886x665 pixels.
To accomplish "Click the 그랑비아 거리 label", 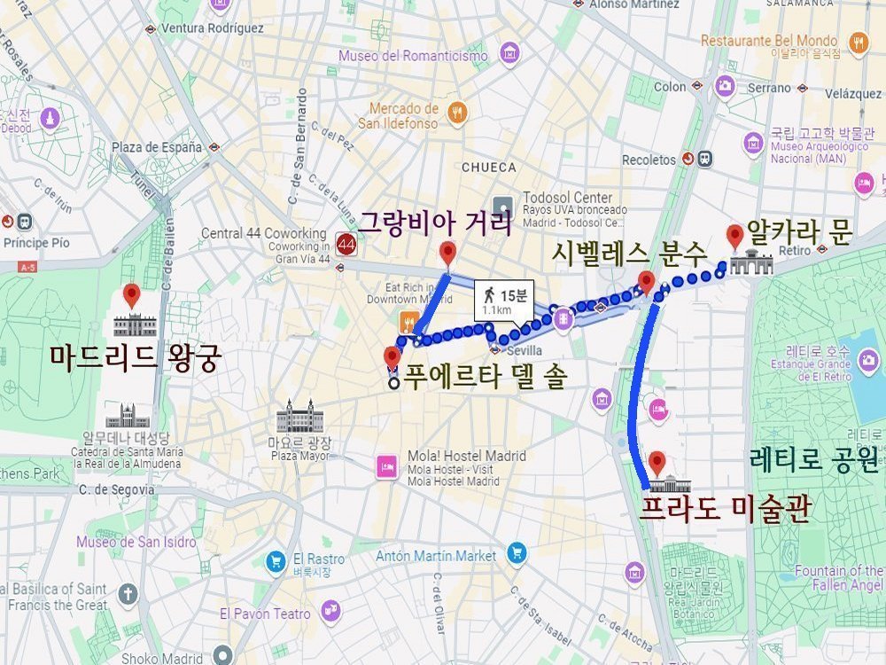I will tap(434, 222).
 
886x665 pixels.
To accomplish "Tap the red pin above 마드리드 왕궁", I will tap(133, 295).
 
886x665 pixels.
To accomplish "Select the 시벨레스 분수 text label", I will tap(629, 254).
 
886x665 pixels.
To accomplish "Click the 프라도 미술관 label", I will tap(725, 510).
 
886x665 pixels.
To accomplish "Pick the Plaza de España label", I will tap(157, 147).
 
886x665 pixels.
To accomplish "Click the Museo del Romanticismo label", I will tap(413, 56).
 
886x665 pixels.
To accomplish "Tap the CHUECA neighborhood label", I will tap(488, 167).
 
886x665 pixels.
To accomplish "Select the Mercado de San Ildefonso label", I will tap(403, 116).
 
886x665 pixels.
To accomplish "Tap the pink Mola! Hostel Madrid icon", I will tap(386, 466).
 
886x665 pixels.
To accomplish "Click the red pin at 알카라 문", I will tap(734, 237).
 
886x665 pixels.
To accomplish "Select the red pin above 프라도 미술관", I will tap(657, 463).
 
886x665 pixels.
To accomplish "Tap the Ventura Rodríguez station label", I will tap(212, 28).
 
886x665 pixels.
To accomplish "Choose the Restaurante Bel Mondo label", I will tap(769, 41).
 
